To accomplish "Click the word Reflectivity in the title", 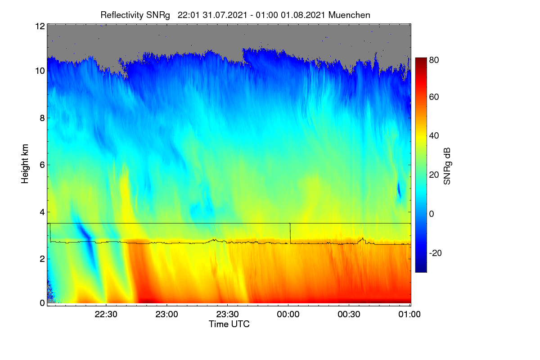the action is click(122, 15).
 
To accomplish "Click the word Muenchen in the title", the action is click(349, 15).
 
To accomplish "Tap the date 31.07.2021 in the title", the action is click(225, 15).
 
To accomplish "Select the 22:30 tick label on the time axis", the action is click(106, 314).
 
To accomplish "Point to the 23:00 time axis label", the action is click(166, 314).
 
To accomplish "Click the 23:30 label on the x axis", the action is click(227, 314).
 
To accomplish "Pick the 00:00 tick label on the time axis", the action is click(288, 314).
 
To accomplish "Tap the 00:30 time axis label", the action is click(349, 314).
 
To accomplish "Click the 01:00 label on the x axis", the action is click(409, 314).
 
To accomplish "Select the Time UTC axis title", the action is click(229, 324).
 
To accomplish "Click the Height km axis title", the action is click(25, 164).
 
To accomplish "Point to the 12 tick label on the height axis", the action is click(40, 26).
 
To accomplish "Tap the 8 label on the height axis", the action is click(42, 118).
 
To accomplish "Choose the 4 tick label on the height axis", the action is click(42, 212).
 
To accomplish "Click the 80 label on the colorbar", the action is click(434, 60).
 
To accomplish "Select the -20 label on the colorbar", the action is click(436, 253).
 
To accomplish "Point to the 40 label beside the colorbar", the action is click(434, 136).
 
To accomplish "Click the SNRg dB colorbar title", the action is click(447, 166).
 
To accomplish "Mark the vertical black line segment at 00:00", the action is click(290, 234).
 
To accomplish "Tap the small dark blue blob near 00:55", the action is click(399, 189).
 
